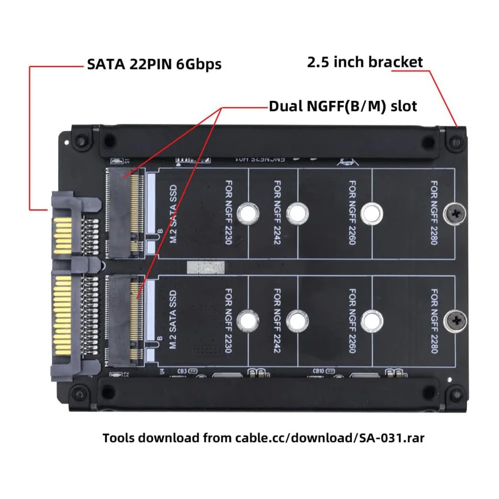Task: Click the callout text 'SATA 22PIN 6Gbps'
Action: (x=154, y=64)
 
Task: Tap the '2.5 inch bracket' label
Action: (x=365, y=62)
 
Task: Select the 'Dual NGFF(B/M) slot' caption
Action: (x=343, y=106)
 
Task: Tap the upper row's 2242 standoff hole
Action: (x=297, y=214)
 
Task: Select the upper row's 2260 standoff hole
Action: (x=371, y=214)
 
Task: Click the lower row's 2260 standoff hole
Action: (x=371, y=320)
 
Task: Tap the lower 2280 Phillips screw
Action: (x=455, y=320)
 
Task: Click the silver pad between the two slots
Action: (x=205, y=267)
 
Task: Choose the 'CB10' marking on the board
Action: (x=318, y=371)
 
